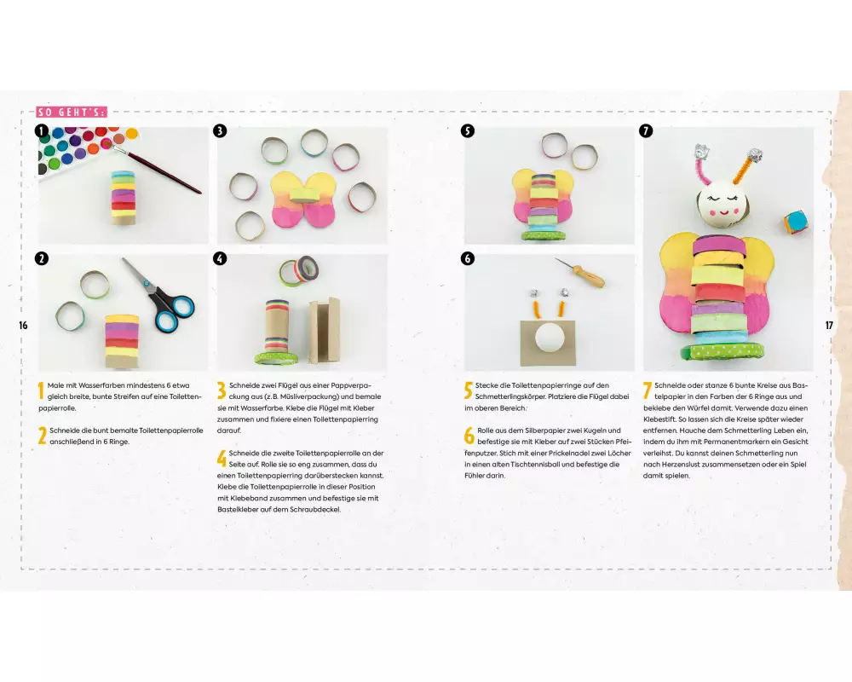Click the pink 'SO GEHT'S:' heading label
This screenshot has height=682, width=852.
click(72, 112)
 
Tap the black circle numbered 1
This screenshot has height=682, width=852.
click(42, 131)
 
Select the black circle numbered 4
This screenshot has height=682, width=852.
click(220, 258)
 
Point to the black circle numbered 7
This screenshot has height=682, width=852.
click(646, 131)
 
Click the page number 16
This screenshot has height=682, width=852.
click(23, 325)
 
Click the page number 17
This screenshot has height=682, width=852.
click(829, 325)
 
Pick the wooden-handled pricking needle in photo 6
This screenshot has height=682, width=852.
click(581, 274)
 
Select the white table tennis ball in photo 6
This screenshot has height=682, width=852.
click(550, 338)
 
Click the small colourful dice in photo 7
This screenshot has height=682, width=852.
click(796, 222)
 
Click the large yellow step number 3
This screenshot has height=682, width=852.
click(222, 390)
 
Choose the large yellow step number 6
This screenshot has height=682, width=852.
click(469, 436)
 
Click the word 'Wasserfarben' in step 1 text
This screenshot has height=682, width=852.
click(101, 385)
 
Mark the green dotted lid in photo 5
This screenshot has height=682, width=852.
click(544, 235)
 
